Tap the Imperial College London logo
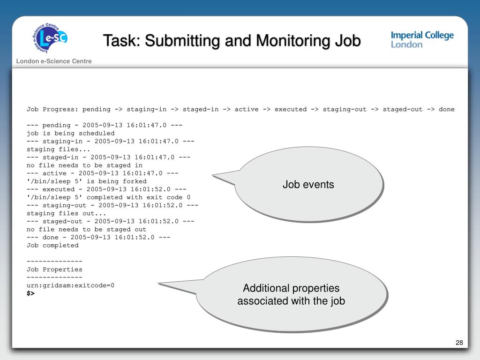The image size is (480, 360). click(x=422, y=40)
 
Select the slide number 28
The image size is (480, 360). click(x=459, y=343)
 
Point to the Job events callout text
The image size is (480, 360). click(x=308, y=185)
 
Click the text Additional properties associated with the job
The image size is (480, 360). click(x=291, y=294)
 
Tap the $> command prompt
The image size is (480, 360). click(x=30, y=293)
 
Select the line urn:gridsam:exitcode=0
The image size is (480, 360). click(x=70, y=285)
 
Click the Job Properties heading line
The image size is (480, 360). click(x=54, y=270)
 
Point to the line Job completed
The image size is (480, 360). click(x=52, y=245)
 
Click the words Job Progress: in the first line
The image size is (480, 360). click(x=52, y=109)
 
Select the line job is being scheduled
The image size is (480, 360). click(x=70, y=133)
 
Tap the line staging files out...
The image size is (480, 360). click(x=66, y=213)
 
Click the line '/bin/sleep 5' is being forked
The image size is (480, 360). click(x=86, y=181)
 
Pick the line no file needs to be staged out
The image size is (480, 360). click(x=86, y=229)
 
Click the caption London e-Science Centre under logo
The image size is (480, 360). click(x=54, y=61)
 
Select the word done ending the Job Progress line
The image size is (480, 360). click(x=446, y=109)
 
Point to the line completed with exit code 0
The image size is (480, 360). click(x=108, y=197)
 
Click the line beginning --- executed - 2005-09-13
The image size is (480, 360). click(x=106, y=189)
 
